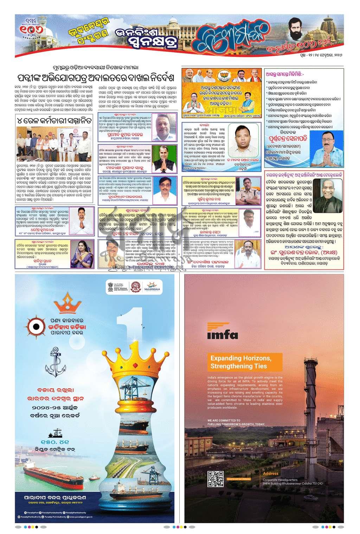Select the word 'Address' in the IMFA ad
tap(270, 473)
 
